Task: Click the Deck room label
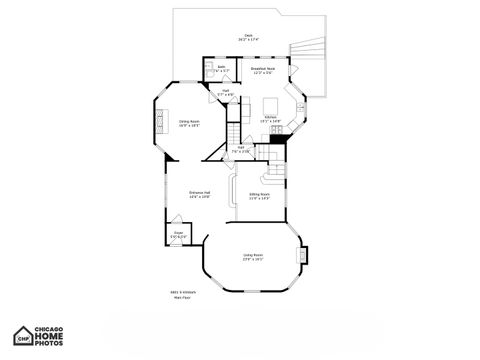tap(248, 36)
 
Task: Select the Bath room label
tap(221, 70)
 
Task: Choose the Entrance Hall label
tap(199, 194)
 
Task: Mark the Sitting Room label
tap(260, 196)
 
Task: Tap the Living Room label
tap(253, 257)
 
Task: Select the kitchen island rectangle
tap(270, 104)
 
